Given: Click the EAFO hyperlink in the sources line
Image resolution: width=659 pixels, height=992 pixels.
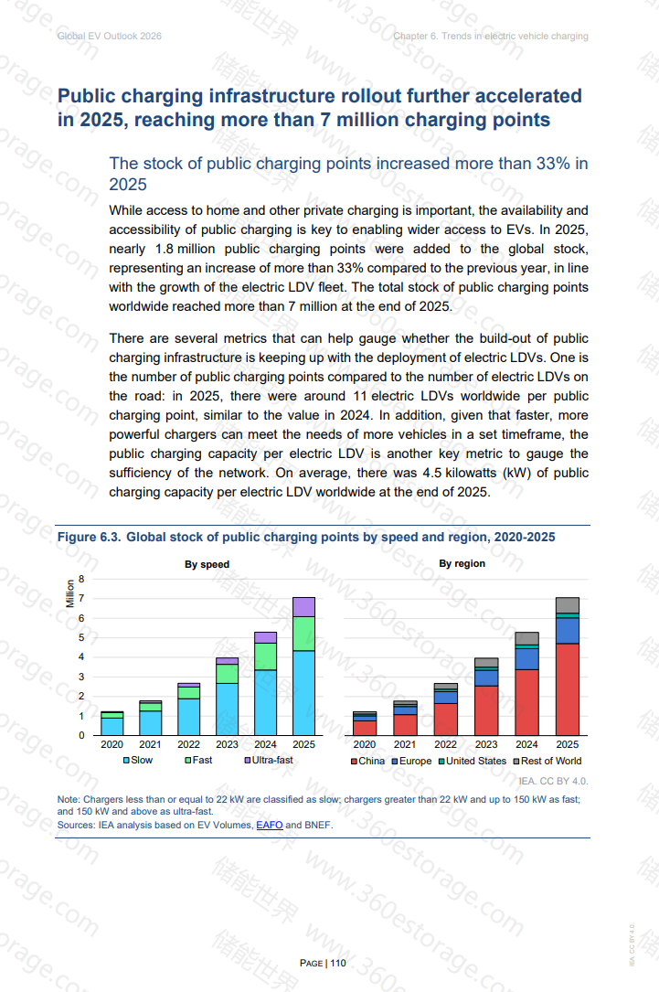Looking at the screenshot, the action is [x=269, y=825].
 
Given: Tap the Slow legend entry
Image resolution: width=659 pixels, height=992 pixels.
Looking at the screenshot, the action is [x=138, y=760].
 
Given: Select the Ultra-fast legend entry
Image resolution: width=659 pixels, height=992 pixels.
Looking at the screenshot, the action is [x=269, y=760].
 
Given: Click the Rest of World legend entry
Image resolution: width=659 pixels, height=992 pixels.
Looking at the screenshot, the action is [x=547, y=761].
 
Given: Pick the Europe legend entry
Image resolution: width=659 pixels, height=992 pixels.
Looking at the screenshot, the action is [x=411, y=761].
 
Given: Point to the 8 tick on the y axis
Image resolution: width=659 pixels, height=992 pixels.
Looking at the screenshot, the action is [x=81, y=579].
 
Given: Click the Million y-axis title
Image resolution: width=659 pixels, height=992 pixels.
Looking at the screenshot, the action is [x=70, y=594].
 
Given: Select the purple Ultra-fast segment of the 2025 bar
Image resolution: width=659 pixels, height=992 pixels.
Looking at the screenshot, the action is [x=303, y=607].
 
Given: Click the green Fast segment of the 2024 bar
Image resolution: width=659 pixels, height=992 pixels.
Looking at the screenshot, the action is [x=265, y=656].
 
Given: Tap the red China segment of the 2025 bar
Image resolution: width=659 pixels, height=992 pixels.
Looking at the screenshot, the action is [x=568, y=689].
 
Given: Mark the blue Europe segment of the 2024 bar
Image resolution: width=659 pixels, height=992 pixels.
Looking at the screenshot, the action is [x=526, y=659].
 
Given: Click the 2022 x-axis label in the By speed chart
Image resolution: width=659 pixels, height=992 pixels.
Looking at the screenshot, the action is [x=188, y=744].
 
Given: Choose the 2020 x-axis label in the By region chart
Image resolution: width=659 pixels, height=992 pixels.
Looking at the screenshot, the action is [x=365, y=744].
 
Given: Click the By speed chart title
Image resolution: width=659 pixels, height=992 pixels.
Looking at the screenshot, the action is [x=207, y=564].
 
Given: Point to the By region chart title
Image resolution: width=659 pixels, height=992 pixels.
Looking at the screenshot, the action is [x=462, y=564].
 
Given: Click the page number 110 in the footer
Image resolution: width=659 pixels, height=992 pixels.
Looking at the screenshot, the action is [x=338, y=963].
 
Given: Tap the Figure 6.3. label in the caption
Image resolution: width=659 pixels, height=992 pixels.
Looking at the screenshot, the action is [x=90, y=537].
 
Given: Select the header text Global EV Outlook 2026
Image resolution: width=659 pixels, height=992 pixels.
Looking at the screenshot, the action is [x=110, y=36].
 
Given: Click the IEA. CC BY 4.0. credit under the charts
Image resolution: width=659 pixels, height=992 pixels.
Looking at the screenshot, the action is [x=553, y=782].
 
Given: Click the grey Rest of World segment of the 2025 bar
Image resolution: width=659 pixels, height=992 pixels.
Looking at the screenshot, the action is [x=568, y=605].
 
